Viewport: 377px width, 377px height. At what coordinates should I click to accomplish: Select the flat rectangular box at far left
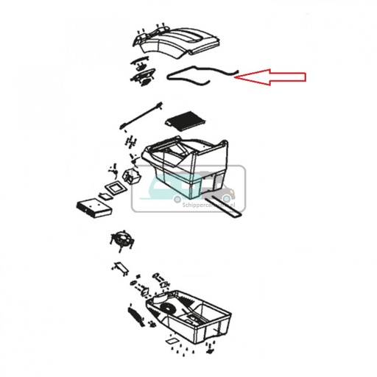(x=93, y=206)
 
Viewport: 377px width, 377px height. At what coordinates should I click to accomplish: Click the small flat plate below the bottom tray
(x=171, y=342)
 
